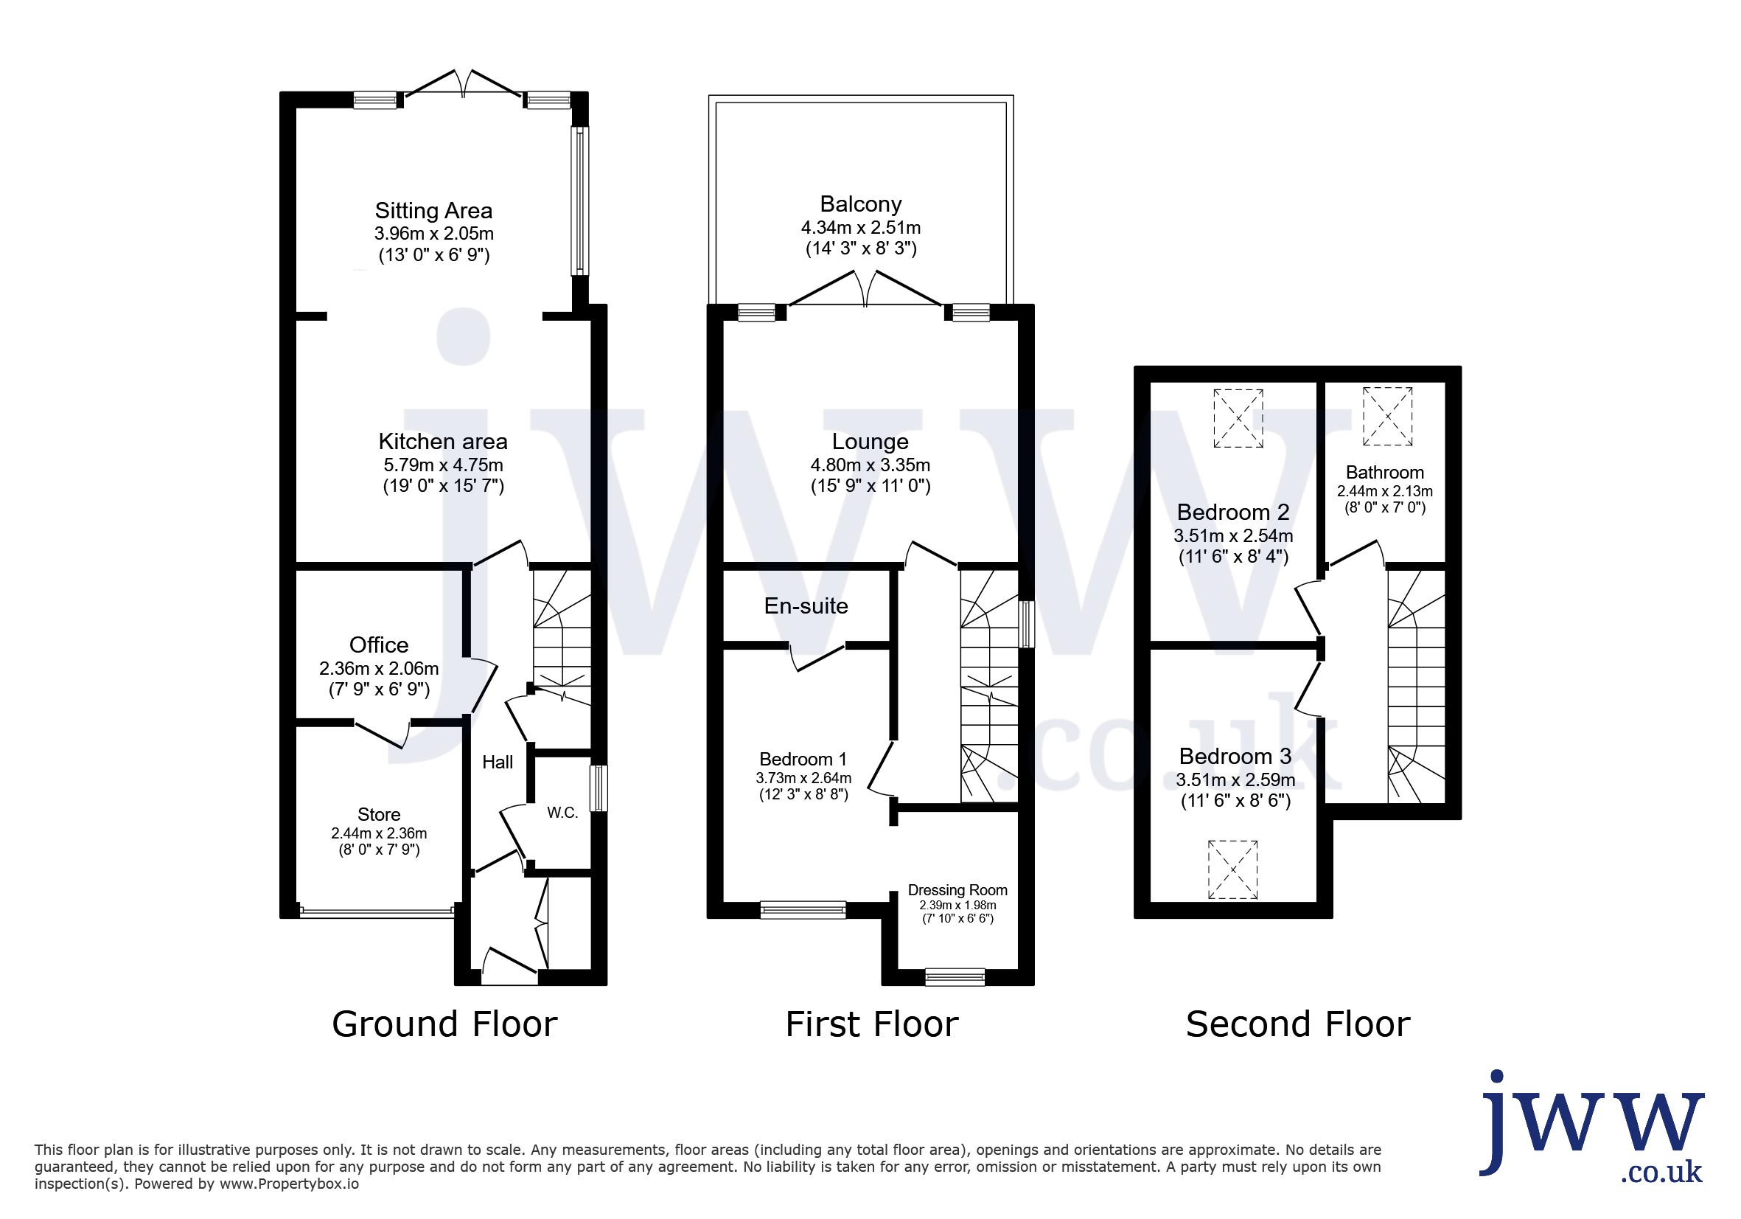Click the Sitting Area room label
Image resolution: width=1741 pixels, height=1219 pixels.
[x=433, y=210]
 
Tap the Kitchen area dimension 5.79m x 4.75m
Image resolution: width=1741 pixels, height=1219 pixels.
[x=443, y=465]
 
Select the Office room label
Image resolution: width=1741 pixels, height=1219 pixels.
[x=379, y=645]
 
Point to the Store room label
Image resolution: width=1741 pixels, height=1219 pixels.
[x=379, y=814]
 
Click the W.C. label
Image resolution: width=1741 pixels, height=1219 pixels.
[x=562, y=813]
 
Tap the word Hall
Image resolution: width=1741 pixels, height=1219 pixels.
[x=498, y=763]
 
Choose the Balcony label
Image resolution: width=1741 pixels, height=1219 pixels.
[x=861, y=204]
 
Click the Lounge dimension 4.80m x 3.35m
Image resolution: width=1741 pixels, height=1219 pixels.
[x=870, y=465]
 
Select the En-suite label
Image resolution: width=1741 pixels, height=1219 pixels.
[x=806, y=606]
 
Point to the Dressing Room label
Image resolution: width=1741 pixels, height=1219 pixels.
[x=957, y=890]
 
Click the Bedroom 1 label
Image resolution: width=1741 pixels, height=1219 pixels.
[x=803, y=760]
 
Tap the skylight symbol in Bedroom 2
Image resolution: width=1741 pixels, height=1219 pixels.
[x=1238, y=419]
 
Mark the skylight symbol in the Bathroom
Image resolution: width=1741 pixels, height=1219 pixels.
[x=1388, y=417]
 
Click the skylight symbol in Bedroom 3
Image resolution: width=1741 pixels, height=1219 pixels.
[x=1233, y=869]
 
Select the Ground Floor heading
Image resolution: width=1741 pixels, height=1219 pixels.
[x=444, y=1024]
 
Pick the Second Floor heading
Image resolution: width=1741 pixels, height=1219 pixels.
[x=1298, y=1024]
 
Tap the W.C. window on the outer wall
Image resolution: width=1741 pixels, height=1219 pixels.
[x=599, y=788]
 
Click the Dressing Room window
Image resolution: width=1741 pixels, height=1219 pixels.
[x=955, y=977]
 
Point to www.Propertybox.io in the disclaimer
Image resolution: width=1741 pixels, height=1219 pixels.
[x=289, y=1184]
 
